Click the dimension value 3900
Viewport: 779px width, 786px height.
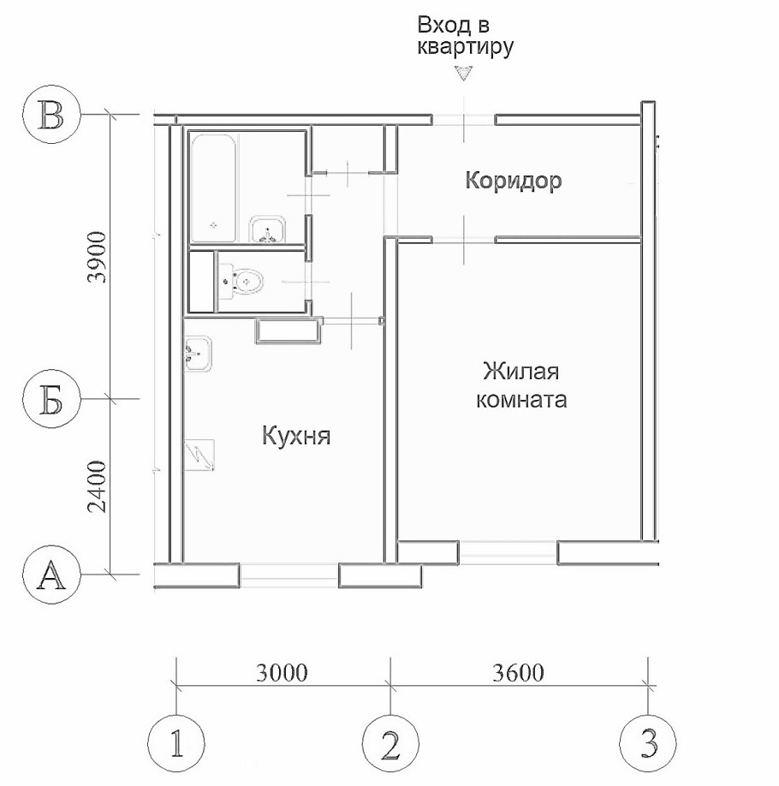coord(99,258)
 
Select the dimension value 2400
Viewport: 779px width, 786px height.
coord(99,486)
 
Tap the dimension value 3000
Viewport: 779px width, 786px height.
coord(282,672)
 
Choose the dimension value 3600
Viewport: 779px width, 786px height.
coord(519,672)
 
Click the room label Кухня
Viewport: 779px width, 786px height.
coord(296,438)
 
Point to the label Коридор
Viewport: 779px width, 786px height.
coord(513,182)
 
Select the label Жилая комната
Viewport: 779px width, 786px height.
coord(523,386)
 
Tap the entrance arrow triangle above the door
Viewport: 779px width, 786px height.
coord(464,74)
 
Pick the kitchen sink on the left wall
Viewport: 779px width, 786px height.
coord(198,353)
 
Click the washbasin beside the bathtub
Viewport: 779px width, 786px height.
coord(271,229)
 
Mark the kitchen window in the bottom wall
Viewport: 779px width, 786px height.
coord(288,575)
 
